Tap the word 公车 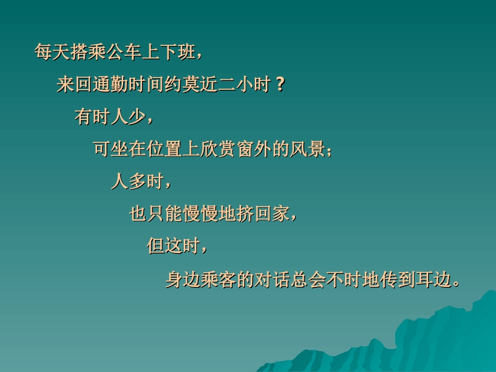click(x=123, y=53)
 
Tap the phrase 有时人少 click(x=110, y=117)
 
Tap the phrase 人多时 click(x=137, y=182)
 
